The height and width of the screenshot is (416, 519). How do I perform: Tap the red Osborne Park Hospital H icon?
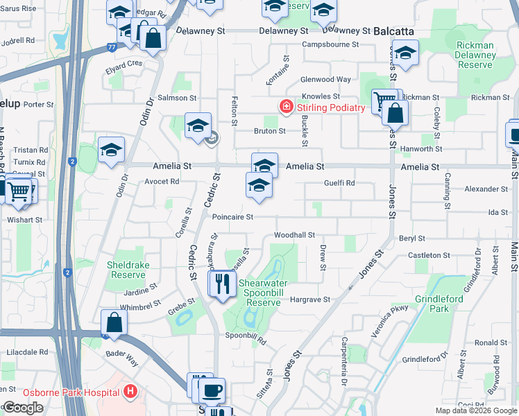[x=129, y=391]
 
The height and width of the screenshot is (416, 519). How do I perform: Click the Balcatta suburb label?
[x=393, y=32]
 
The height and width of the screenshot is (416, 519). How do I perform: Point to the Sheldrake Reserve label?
[x=126, y=270]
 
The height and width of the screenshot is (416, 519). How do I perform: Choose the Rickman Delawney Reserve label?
[x=475, y=55]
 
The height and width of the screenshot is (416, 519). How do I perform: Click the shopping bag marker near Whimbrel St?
[x=114, y=322]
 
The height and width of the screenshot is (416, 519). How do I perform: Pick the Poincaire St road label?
[x=232, y=217]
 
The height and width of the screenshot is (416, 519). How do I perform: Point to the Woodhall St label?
[x=294, y=236]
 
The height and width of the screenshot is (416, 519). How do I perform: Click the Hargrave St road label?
[x=309, y=300]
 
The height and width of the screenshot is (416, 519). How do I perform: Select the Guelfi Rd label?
[x=340, y=183]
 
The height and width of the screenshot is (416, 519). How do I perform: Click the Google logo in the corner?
[x=22, y=408]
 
